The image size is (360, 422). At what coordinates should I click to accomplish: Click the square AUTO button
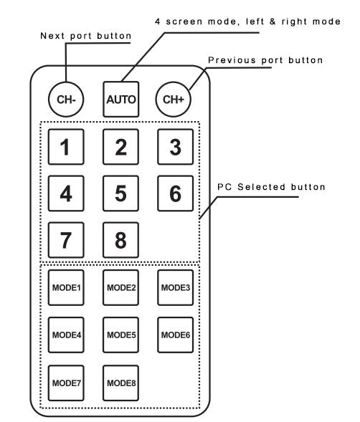click(121, 100)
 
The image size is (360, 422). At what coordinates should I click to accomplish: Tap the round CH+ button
click(174, 100)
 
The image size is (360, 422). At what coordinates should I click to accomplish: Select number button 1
click(66, 147)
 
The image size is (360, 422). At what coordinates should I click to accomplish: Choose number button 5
click(120, 193)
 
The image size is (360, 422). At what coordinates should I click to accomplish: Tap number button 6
click(176, 193)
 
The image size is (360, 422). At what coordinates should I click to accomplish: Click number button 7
click(66, 240)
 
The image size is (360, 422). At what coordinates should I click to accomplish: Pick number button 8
click(120, 240)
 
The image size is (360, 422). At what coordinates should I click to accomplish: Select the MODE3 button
click(176, 288)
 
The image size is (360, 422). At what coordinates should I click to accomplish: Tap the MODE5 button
click(120, 335)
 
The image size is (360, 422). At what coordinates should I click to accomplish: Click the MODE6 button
click(176, 335)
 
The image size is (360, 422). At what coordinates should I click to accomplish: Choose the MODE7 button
click(66, 383)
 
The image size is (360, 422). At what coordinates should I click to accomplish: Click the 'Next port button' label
click(85, 36)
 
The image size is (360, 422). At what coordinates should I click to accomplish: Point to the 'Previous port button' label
click(265, 60)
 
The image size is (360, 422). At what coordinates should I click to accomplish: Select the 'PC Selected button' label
click(271, 187)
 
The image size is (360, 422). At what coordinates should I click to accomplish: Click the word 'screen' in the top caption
click(184, 21)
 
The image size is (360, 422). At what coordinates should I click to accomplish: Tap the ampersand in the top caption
click(273, 21)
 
